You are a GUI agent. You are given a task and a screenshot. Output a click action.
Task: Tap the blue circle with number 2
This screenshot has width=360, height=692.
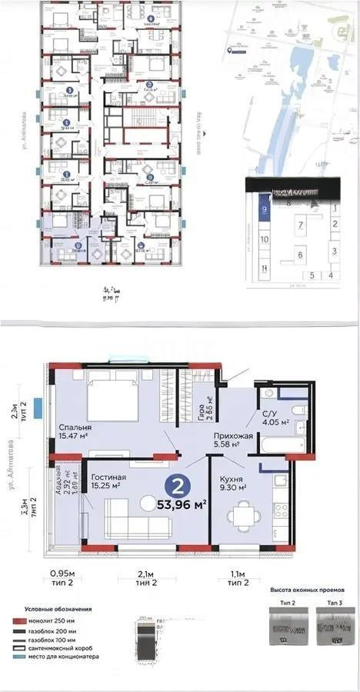(177, 486)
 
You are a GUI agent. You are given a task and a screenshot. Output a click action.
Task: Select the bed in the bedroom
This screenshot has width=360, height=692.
(114, 398)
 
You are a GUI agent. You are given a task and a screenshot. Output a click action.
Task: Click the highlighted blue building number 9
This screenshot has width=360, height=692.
(264, 208)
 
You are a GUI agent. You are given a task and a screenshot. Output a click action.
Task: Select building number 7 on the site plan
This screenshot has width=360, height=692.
(302, 225)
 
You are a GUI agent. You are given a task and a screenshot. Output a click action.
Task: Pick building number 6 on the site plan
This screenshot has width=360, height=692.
(299, 254)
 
